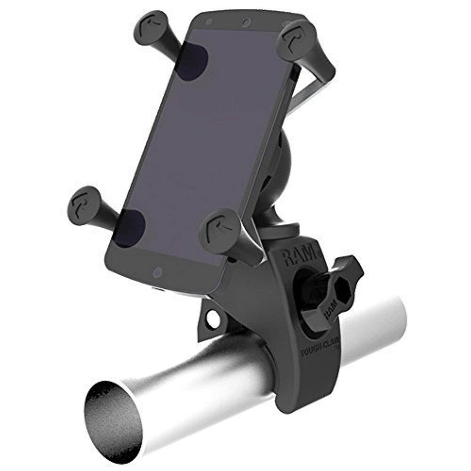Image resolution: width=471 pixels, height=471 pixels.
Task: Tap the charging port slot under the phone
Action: pyautogui.click(x=160, y=289)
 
